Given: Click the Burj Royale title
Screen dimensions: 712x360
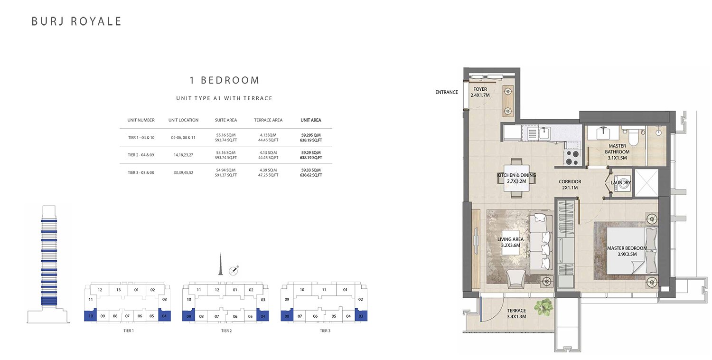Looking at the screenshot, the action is (76, 21).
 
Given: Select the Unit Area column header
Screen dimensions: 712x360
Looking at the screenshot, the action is (311, 120).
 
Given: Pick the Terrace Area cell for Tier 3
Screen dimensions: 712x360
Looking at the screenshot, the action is (268, 173).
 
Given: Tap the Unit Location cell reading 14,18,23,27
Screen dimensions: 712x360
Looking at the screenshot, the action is (183, 155).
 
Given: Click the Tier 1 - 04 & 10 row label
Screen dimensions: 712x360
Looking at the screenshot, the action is (141, 138).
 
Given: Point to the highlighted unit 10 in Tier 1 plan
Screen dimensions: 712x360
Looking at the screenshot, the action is (91, 315).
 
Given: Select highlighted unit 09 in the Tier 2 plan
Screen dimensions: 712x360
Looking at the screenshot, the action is (188, 315).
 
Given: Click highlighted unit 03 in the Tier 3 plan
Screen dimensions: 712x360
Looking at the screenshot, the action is (361, 315).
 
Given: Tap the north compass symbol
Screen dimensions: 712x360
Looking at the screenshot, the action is (234, 270).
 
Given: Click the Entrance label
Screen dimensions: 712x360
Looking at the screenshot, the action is (447, 92).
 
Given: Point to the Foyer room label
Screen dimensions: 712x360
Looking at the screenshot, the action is (480, 92).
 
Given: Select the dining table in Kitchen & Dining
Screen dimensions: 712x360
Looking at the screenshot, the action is (516, 179).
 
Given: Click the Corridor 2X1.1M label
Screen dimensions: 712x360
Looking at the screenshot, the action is (570, 185).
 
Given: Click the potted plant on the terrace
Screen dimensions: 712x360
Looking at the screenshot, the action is (544, 307).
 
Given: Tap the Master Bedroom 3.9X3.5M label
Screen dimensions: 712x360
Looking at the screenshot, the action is (627, 251).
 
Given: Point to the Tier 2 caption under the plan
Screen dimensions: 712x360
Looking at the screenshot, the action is (226, 331).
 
